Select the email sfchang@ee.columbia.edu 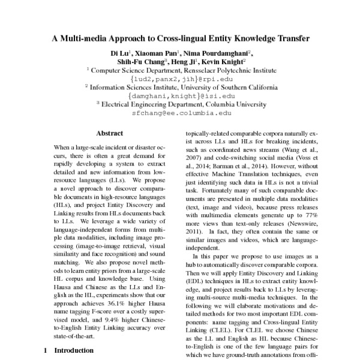pos(181,112)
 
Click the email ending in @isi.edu pos(181,95)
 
